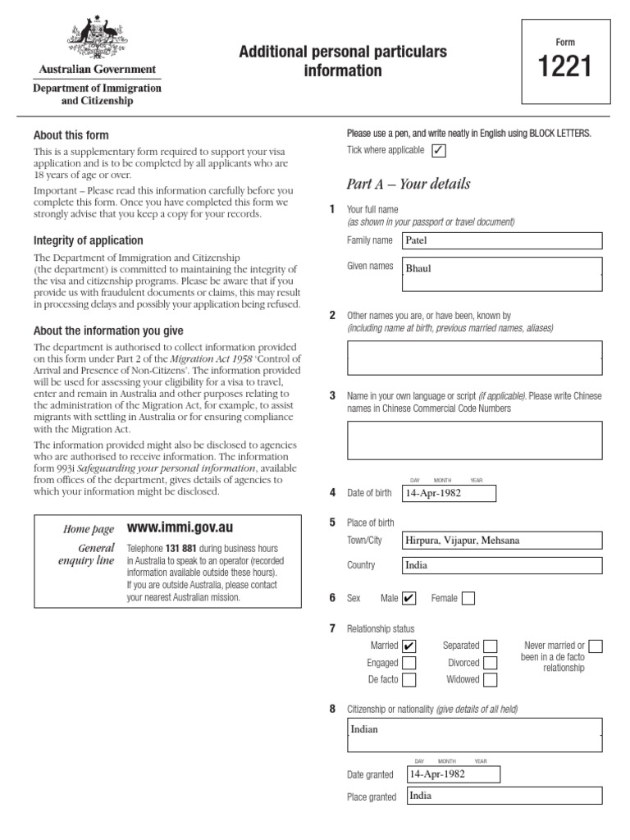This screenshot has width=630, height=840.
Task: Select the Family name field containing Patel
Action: [501, 240]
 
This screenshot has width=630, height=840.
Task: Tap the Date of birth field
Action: [449, 493]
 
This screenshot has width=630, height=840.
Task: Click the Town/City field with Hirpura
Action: [501, 541]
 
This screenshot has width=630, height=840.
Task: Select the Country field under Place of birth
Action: [501, 565]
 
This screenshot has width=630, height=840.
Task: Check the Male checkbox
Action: [409, 598]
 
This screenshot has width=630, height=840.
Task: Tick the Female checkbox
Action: [468, 598]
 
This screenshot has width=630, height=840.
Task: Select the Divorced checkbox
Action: [491, 663]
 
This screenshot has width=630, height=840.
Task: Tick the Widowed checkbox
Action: [491, 680]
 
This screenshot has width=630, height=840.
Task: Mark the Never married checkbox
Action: [596, 646]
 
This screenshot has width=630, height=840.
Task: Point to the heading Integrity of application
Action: [88, 240]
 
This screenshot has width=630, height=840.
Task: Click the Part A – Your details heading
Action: [409, 184]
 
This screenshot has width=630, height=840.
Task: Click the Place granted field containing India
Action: [503, 796]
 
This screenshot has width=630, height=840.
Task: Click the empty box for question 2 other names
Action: [474, 358]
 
